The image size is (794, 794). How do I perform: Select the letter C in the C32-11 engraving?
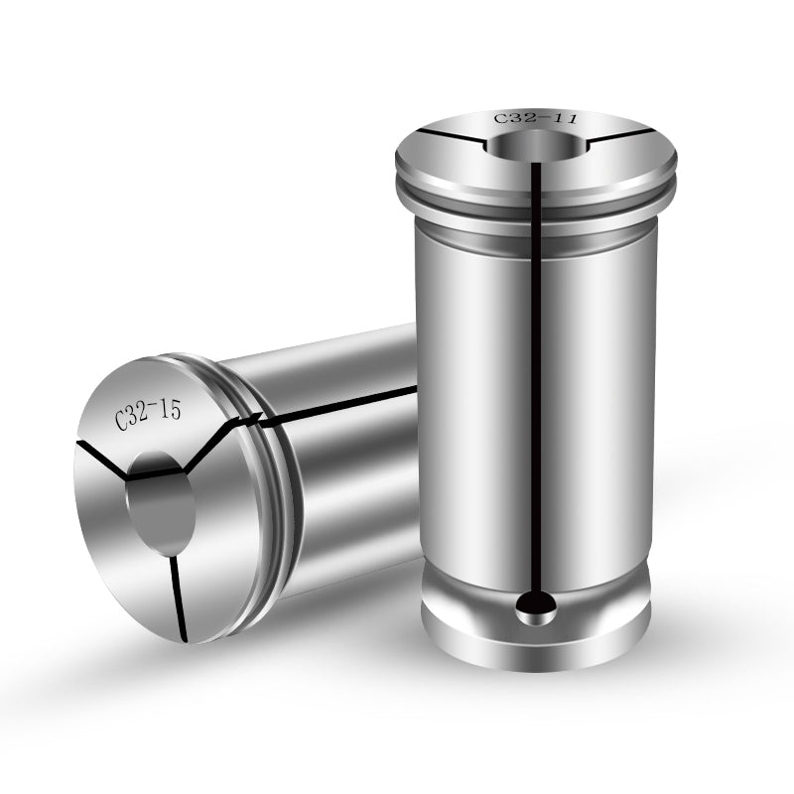tap(501, 120)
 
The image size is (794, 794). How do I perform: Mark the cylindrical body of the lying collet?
tap(347, 476)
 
